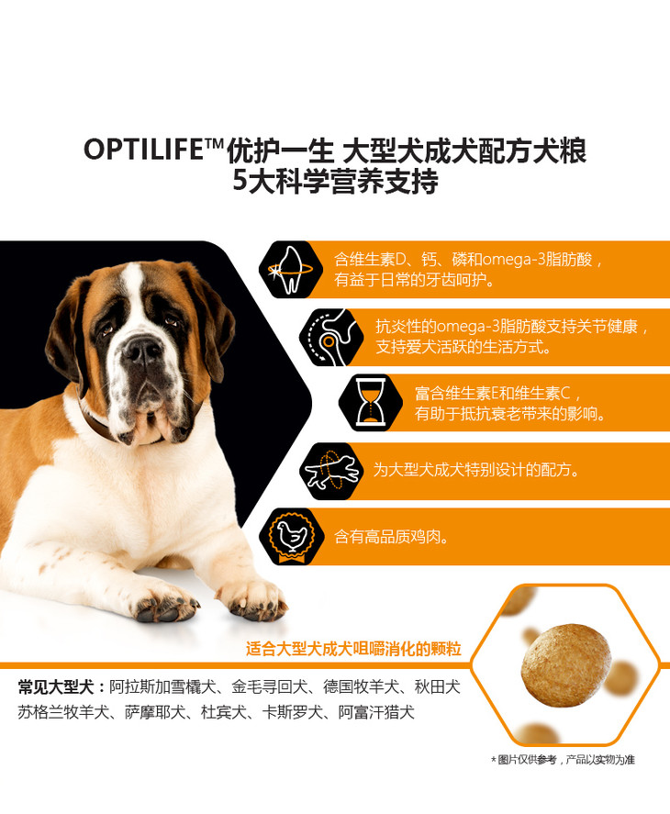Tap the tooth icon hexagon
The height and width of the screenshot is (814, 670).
[x=291, y=269]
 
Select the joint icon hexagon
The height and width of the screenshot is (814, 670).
[x=330, y=337]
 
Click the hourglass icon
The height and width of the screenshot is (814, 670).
[x=370, y=402]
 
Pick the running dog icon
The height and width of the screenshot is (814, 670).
[x=332, y=471]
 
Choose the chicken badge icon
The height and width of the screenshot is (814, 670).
[x=291, y=536]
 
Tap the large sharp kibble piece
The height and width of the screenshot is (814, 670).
[x=565, y=665]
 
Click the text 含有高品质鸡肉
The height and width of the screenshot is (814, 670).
[x=392, y=536]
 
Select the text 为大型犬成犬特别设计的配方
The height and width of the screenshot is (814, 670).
[x=476, y=470]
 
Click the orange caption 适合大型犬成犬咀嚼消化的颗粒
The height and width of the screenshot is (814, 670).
[x=353, y=649]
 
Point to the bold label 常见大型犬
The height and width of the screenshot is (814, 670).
[x=57, y=686]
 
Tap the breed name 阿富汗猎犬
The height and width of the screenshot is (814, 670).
[x=376, y=712]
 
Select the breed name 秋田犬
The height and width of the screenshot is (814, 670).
[x=437, y=686]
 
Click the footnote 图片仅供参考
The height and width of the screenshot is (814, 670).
[x=527, y=760]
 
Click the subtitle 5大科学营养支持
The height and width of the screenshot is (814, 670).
[x=335, y=181]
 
